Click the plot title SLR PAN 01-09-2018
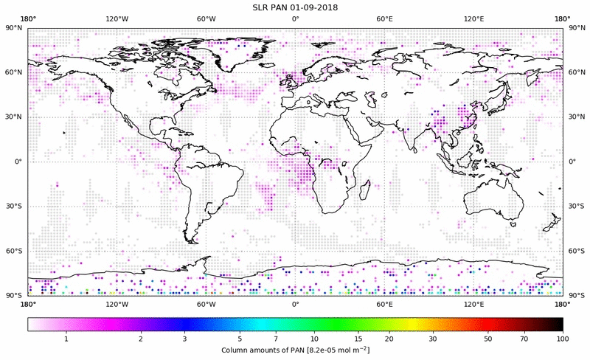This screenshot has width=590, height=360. pyautogui.click(x=295, y=7)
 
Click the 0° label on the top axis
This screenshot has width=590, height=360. pyautogui.click(x=295, y=18)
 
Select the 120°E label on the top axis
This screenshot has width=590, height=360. pyautogui.click(x=473, y=18)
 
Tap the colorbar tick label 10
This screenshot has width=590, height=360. pyautogui.click(x=315, y=338)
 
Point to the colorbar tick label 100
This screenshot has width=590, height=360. pyautogui.click(x=563, y=338)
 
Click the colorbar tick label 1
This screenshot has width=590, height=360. pyautogui.click(x=66, y=338)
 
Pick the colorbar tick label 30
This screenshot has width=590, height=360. pyautogui.click(x=432, y=338)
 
